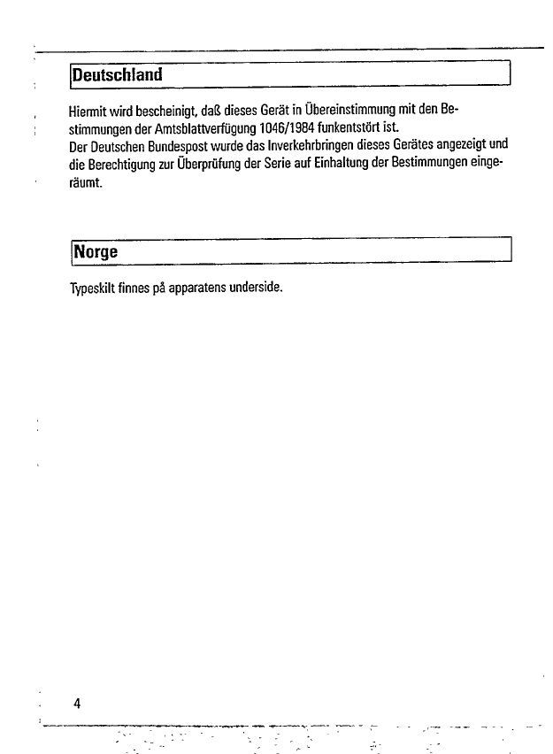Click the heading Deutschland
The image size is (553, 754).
[119, 74]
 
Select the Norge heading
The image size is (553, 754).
[97, 251]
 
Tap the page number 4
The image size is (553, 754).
[78, 704]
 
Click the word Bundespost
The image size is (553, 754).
[177, 145]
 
